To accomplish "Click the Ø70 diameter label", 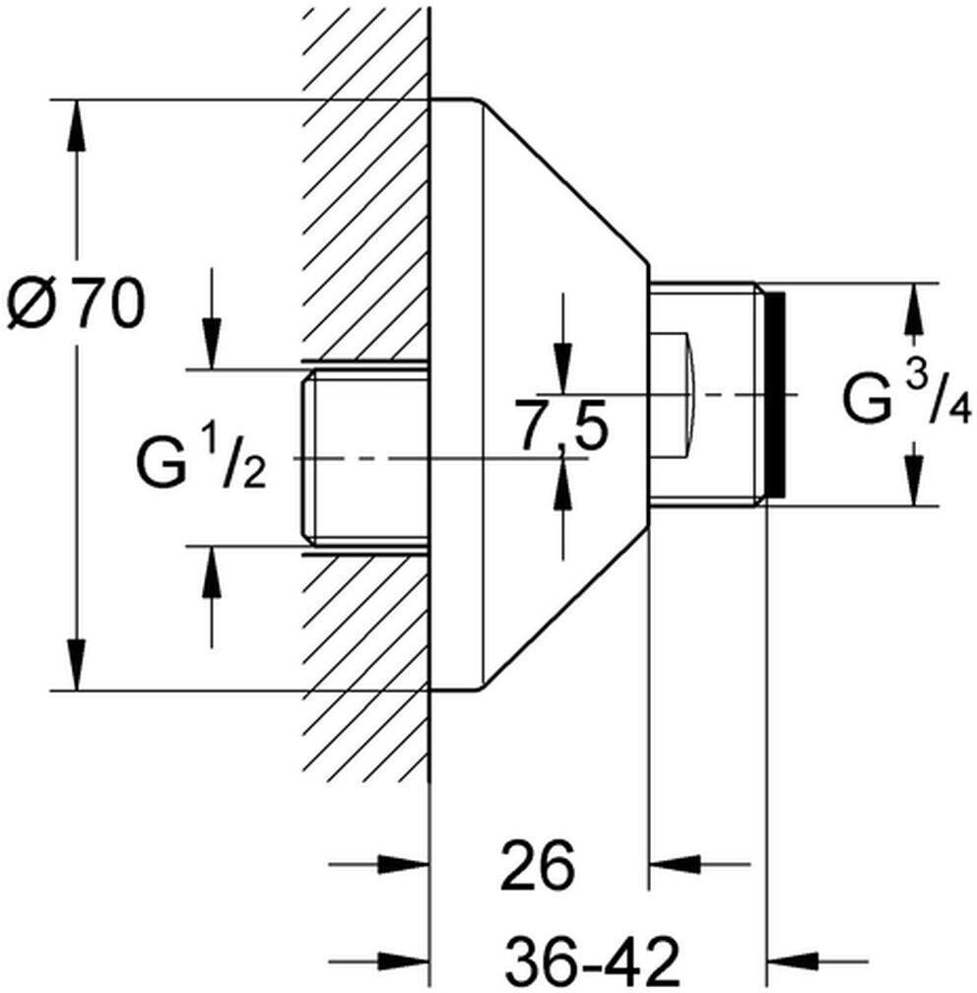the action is pos(76,305).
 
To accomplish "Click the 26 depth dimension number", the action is pos(538,865).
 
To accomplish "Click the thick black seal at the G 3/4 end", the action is pos(776,394).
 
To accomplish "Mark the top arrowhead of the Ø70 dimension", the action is pos(76,125).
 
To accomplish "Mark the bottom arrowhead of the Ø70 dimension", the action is pos(76,664).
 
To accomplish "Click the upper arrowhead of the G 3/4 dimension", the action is pos(914,307).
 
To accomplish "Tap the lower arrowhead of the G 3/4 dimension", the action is pos(914,482).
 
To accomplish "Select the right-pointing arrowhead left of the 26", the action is pos(404,863).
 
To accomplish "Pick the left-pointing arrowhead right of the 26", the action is pos(675,863).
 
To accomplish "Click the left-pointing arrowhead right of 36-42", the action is pos(793,960).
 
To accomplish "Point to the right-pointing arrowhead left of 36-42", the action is pos(404,960).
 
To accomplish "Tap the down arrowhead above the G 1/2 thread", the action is pos(212,344).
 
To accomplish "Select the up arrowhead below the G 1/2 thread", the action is pos(212,570).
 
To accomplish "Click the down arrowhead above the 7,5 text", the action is pos(563,368).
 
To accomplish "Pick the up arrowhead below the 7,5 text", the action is pos(563,484).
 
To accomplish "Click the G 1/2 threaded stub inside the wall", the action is pos(364,457).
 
